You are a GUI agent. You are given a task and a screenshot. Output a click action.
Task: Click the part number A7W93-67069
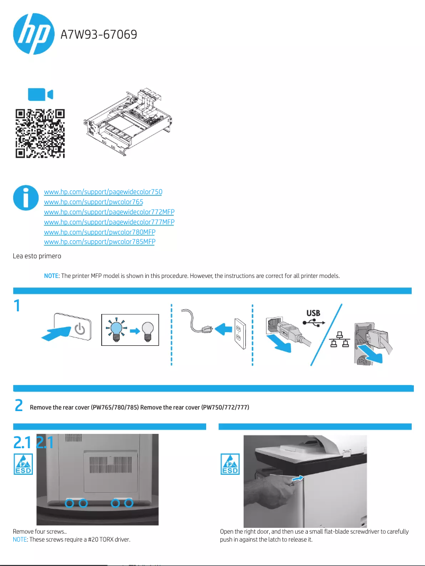[x=99, y=35]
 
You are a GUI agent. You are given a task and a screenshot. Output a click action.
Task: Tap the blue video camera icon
[x=40, y=94]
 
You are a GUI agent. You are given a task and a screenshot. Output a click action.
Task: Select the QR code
[x=40, y=133]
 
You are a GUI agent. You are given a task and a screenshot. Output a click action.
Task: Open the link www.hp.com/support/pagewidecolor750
[x=103, y=191]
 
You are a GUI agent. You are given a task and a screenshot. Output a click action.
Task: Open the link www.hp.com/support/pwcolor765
[x=93, y=202]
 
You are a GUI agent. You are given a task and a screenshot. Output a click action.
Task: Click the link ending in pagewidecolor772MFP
[x=109, y=212]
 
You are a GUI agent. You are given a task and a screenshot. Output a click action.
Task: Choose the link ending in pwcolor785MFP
[x=99, y=242]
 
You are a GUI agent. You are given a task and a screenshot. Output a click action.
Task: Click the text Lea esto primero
[x=37, y=256]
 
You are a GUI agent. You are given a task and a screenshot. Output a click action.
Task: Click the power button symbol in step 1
[x=79, y=329]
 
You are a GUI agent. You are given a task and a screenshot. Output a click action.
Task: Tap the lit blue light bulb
[x=115, y=330]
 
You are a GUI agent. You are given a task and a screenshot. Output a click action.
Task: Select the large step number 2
[x=19, y=406]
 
